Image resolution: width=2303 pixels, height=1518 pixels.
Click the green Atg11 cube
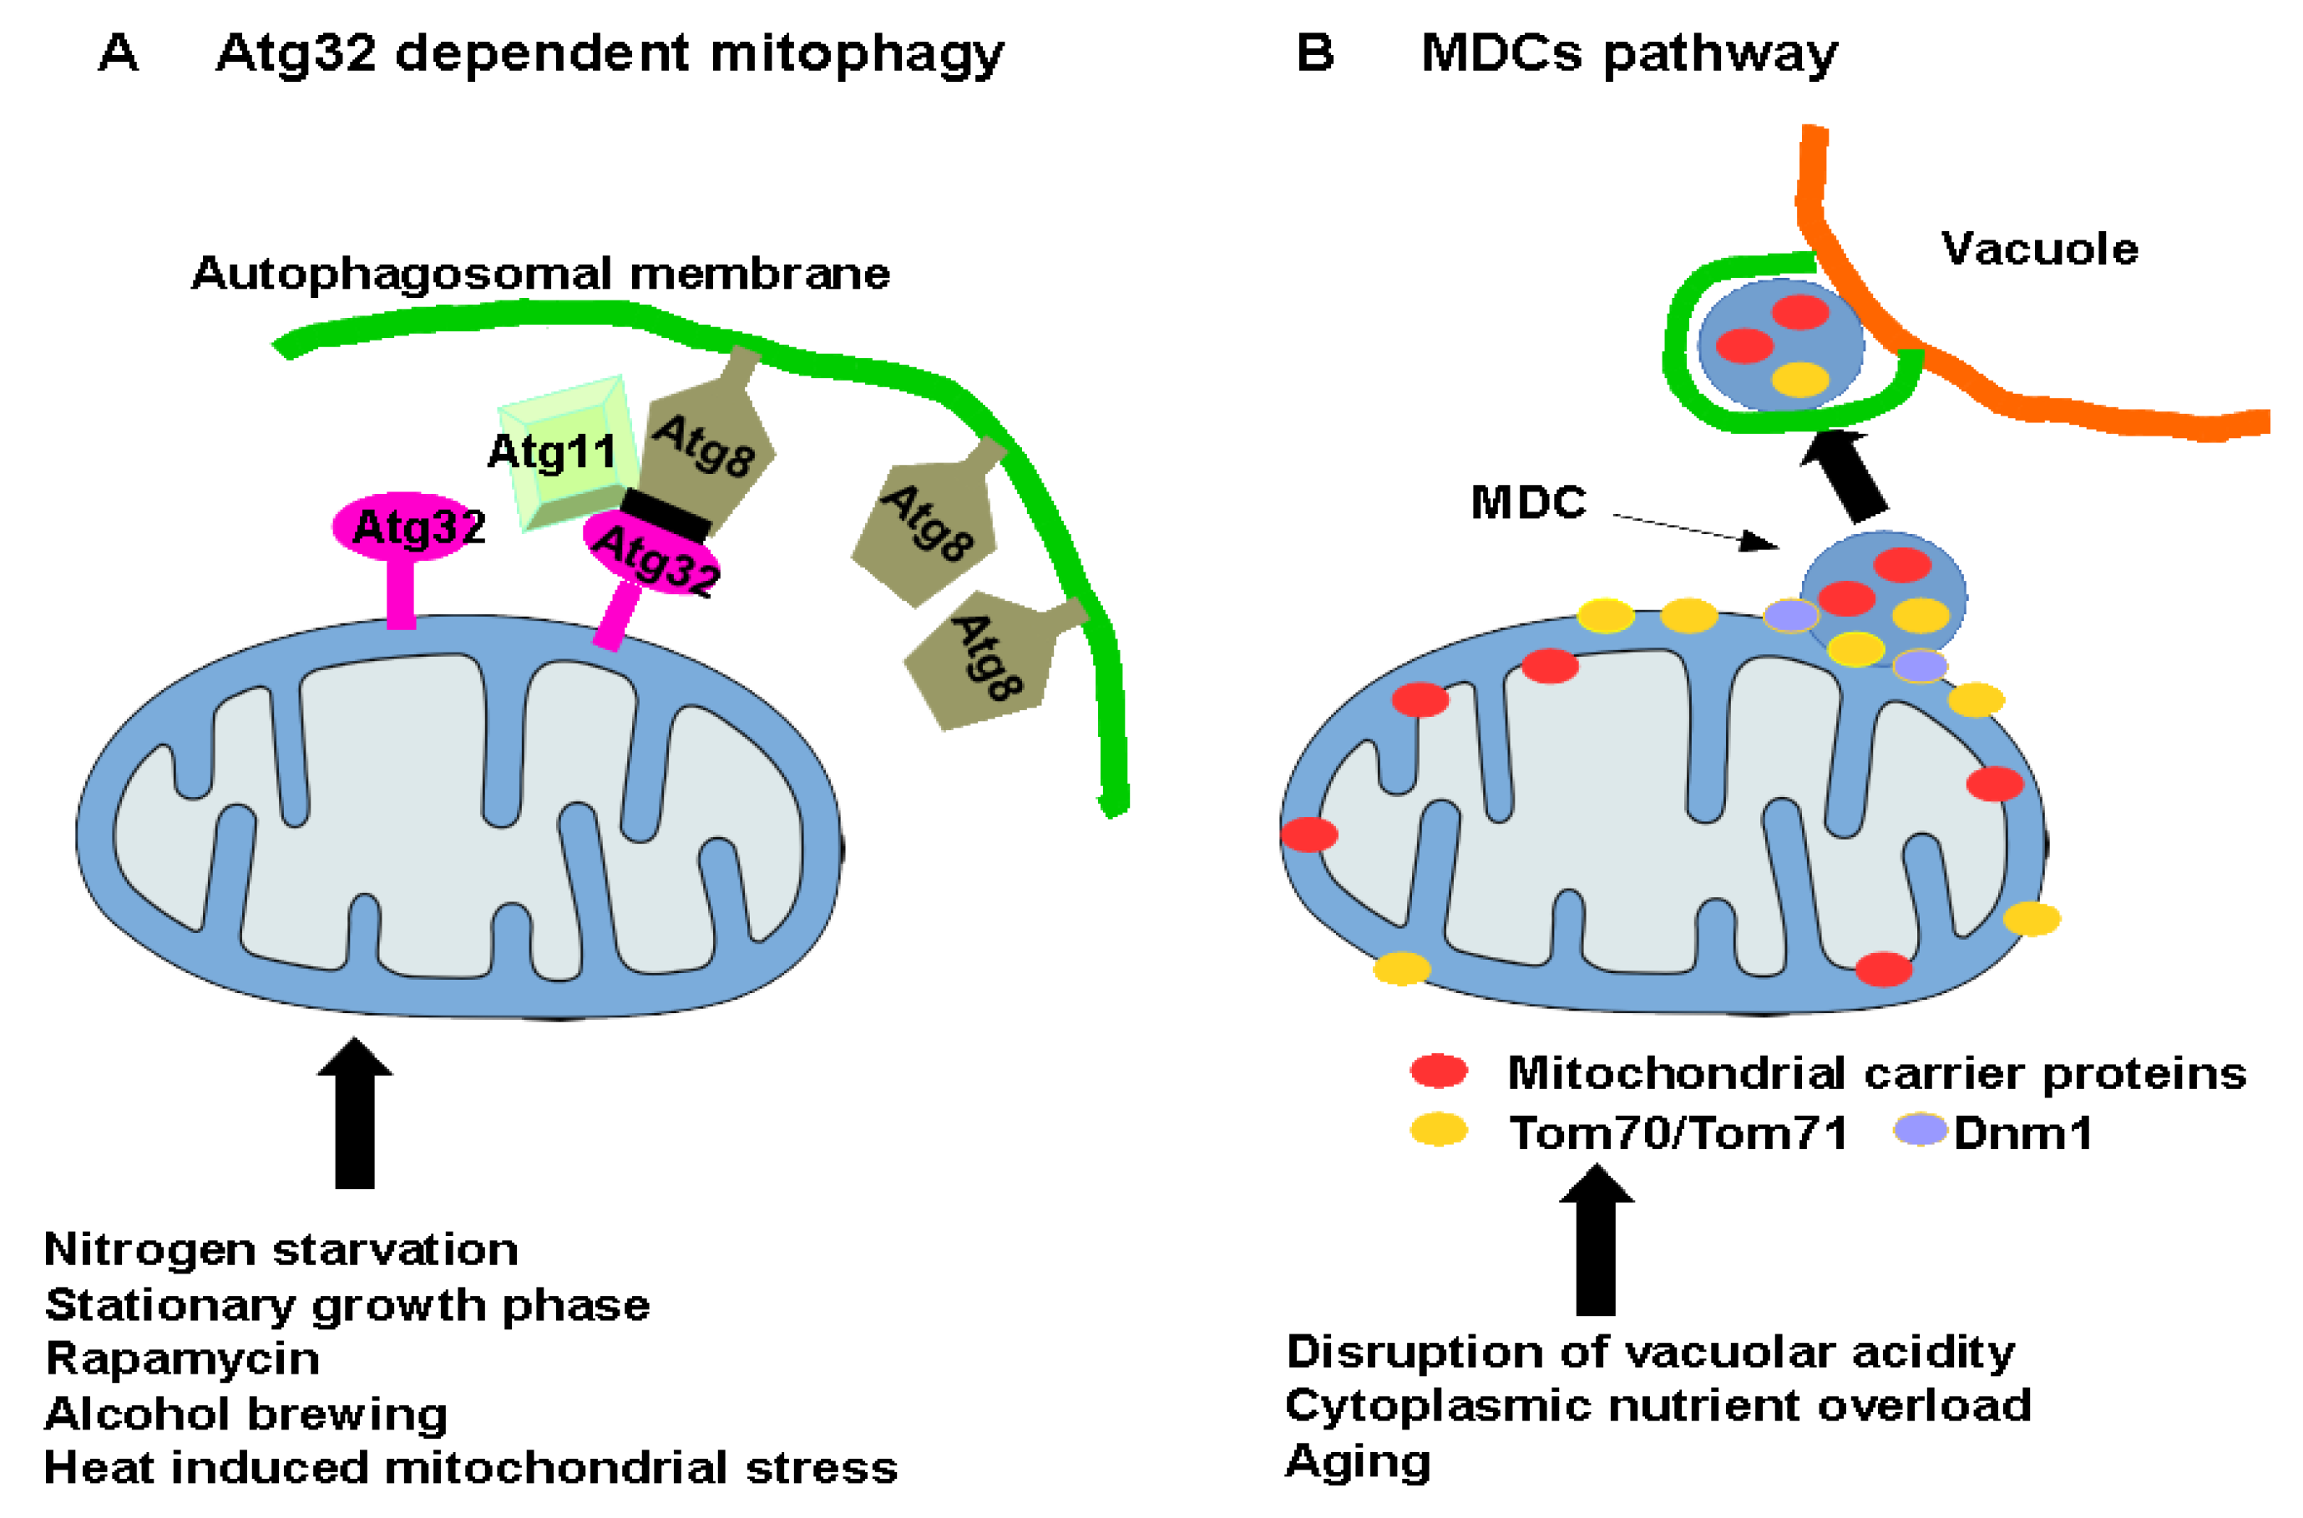point(566,450)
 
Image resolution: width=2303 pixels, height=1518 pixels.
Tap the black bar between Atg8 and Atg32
point(666,513)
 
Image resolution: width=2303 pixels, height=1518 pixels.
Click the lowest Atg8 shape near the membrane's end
point(983,663)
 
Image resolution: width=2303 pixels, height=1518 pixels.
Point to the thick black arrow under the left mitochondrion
point(354,1113)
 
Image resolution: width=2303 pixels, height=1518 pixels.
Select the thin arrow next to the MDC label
point(1695,531)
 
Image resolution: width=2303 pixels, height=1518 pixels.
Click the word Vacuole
point(2038,250)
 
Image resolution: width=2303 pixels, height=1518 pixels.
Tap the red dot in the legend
point(1439,1071)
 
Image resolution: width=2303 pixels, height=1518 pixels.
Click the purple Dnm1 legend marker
point(1920,1130)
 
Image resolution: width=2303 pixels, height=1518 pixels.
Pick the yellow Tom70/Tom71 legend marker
point(1439,1130)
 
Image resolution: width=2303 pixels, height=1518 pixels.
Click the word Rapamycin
point(182,1359)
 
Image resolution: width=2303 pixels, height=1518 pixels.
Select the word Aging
point(1357,1462)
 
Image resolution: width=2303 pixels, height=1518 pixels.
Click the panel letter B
point(1314,53)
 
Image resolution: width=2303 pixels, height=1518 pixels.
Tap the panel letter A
point(118,53)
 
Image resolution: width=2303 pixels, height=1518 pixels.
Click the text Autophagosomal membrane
point(540,274)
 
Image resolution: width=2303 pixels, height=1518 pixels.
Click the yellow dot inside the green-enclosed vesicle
point(1799,380)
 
